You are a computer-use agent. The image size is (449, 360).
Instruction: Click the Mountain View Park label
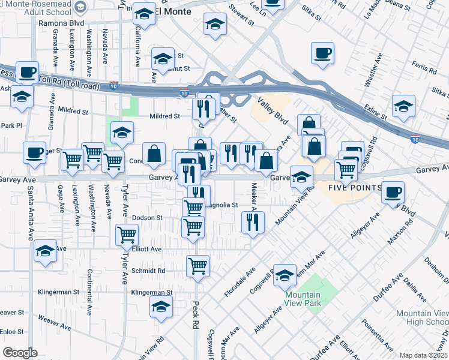(x=303, y=298)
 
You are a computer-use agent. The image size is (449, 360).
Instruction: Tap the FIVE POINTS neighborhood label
(x=355, y=188)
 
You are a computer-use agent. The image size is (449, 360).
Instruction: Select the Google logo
(x=20, y=353)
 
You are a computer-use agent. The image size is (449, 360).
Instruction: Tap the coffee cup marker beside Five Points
(x=393, y=193)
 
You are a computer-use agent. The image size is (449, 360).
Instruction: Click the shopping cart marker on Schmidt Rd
(x=197, y=266)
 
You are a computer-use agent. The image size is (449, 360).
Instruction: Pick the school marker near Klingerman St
(x=160, y=307)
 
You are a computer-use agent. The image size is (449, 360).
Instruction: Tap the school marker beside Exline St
(x=403, y=106)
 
